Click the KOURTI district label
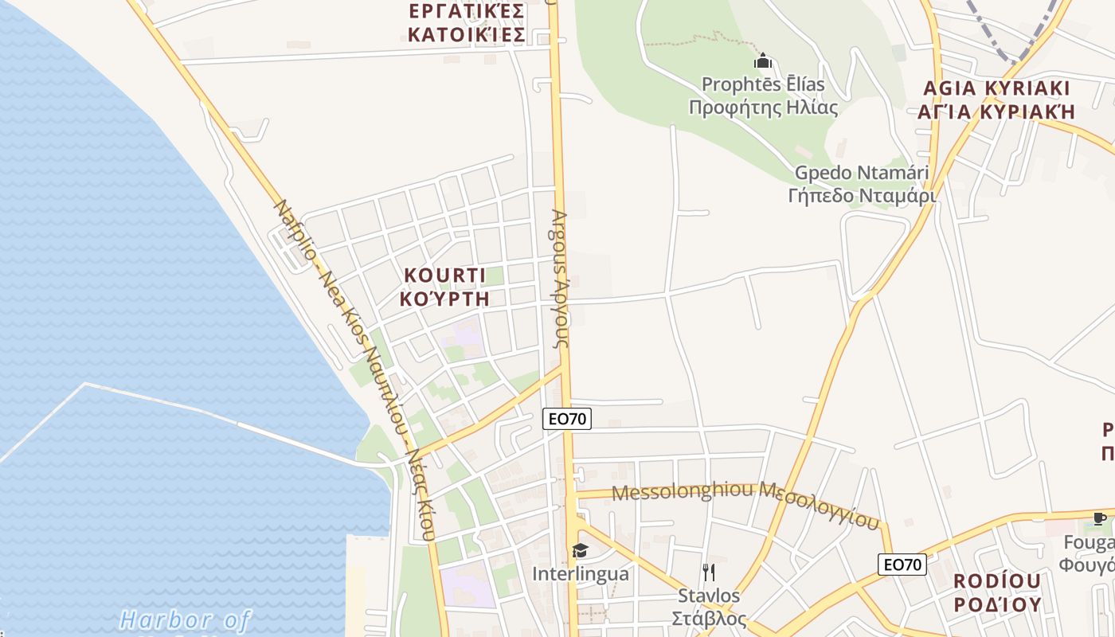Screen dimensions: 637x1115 coord(444,276)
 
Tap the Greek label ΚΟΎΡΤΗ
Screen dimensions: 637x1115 coord(444,299)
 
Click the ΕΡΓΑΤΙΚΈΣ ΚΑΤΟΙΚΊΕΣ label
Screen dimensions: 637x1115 coord(466,23)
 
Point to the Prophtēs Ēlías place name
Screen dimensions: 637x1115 coord(763,84)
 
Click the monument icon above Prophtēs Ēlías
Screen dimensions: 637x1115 coord(763,61)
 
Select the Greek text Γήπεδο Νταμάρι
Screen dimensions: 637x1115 coord(862,195)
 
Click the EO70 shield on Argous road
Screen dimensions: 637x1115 coord(567,419)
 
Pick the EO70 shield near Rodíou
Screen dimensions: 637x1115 coord(903,565)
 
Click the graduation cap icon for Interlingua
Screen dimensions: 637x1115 coord(580,550)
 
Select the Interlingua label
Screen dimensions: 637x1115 coord(580,573)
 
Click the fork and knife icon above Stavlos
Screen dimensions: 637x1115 coord(708,572)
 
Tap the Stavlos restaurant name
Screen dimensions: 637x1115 coord(708,596)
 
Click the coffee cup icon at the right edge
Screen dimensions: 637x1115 coord(1100,519)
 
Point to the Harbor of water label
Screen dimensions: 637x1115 coord(185,619)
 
